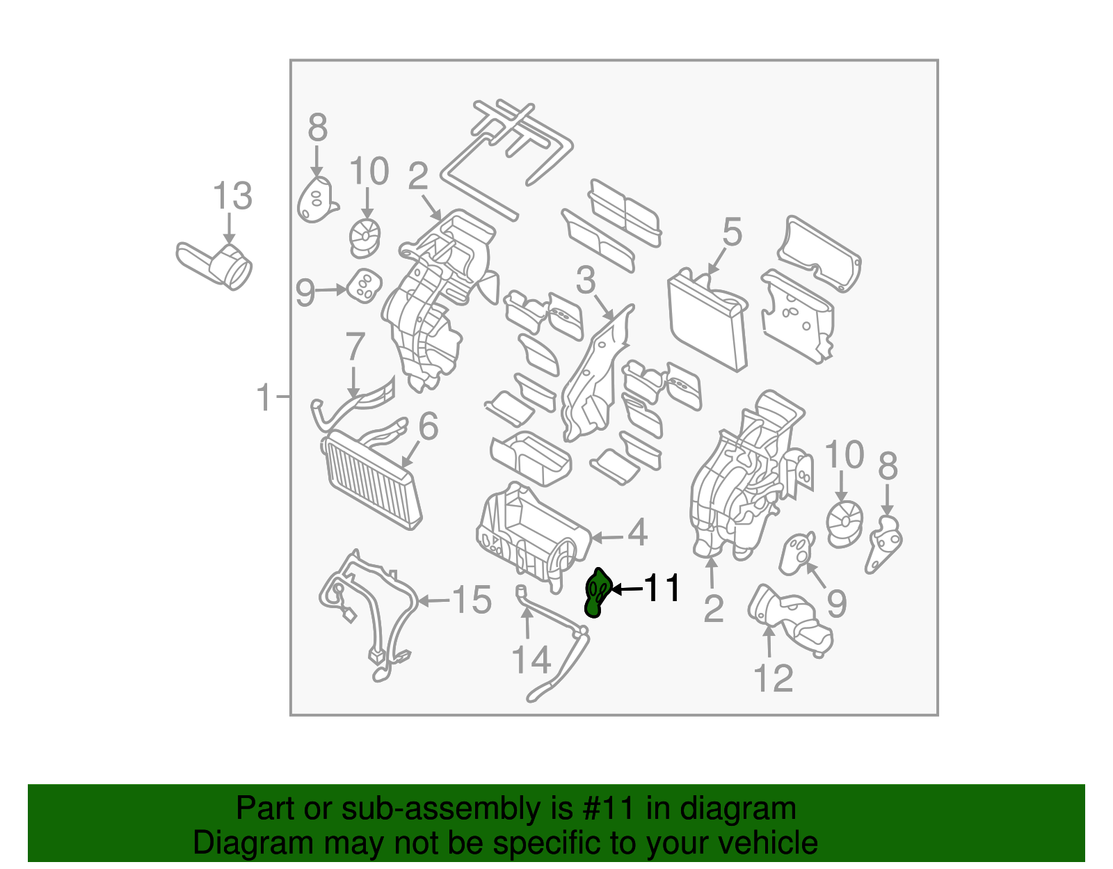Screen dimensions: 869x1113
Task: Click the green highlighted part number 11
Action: click(x=597, y=593)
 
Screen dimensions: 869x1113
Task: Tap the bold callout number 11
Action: click(x=662, y=589)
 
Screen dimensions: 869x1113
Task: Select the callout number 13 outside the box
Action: click(x=232, y=196)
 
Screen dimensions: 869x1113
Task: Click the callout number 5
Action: click(x=732, y=232)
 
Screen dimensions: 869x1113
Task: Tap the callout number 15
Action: click(x=472, y=600)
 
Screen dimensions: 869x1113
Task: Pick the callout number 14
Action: click(x=531, y=660)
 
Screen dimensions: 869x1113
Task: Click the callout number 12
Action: click(x=773, y=678)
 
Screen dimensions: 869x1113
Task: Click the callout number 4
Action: click(x=637, y=534)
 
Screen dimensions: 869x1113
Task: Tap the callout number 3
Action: click(x=586, y=280)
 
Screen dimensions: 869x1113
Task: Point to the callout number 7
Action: click(x=355, y=346)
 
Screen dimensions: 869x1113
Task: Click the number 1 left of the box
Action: click(x=264, y=397)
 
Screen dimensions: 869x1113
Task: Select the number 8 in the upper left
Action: click(x=317, y=128)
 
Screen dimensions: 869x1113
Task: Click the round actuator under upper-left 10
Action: click(x=365, y=236)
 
